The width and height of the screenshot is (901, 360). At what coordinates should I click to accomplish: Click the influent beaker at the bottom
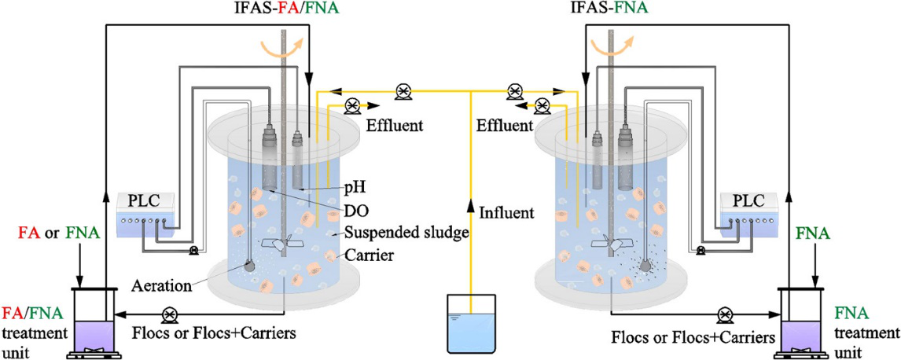click(x=470, y=322)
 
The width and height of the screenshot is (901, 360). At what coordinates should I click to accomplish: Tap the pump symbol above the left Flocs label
click(x=168, y=316)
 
